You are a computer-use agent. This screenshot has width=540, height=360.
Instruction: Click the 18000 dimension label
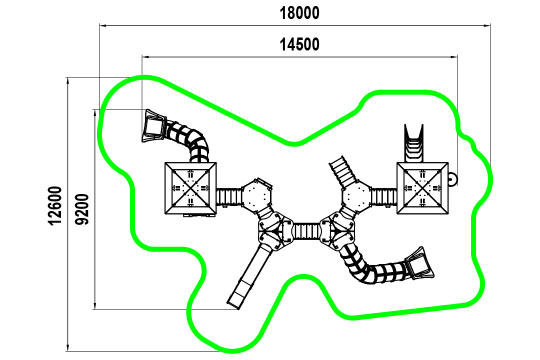point(299,13)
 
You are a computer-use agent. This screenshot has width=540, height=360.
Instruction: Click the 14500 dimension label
point(299,44)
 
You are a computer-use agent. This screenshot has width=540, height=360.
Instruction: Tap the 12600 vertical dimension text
point(55,205)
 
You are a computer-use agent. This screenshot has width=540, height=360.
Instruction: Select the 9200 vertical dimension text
point(82,209)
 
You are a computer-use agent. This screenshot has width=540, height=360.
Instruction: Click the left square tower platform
point(190,188)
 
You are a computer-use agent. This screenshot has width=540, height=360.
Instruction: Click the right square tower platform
point(422,188)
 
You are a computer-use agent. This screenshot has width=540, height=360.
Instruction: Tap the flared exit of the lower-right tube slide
point(419,264)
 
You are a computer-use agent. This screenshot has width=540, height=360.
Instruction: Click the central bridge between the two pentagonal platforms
point(306,231)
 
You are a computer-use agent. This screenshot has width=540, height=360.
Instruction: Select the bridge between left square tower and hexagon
point(229,196)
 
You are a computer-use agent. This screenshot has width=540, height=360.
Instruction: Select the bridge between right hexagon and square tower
point(384,196)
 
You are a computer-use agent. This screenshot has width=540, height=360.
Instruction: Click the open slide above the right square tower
point(413,143)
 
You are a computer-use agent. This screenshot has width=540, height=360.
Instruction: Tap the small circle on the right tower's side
point(452,179)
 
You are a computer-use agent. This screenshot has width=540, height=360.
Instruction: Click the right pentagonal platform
point(337,230)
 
